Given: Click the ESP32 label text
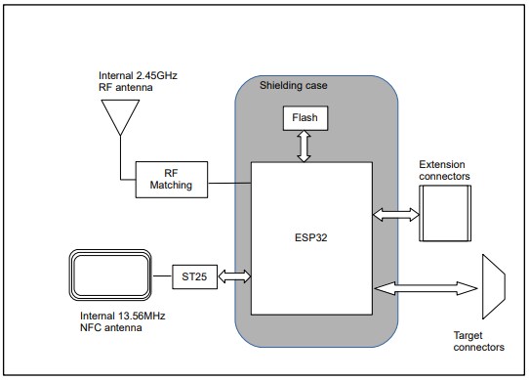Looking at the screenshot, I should pos(311,234).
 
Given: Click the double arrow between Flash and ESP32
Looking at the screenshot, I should pos(304,148).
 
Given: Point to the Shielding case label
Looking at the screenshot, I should pos(293,86).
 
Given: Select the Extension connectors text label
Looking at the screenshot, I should pos(444,170).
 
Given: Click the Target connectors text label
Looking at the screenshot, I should pos(479,341).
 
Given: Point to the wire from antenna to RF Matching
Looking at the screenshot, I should pos(121,161).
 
